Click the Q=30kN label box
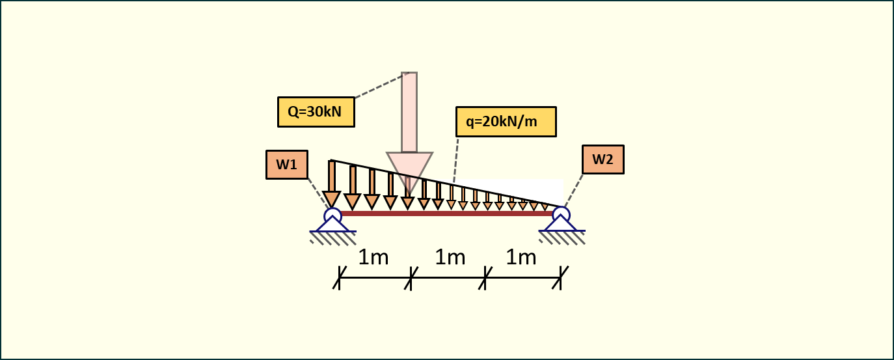pos(316,112)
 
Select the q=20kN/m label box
pos(506,122)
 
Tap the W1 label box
pos(286,165)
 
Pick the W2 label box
pos(603,159)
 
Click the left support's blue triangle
pos(332,225)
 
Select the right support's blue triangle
pos(561,225)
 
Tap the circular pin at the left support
pos(332,215)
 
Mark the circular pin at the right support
pos(561,214)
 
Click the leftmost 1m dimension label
pos(373,258)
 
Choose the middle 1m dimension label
pos(450,258)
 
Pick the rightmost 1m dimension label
pos(521,258)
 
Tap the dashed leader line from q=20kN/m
pos(456,160)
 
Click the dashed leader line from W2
pos(573,190)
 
